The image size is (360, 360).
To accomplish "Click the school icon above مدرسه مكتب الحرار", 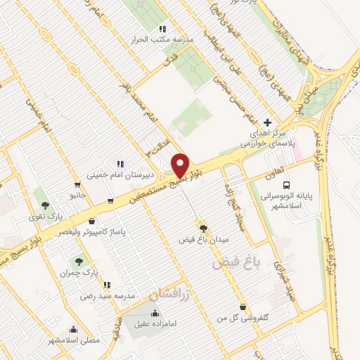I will coord(162,29).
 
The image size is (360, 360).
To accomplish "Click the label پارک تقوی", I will coord(46,217).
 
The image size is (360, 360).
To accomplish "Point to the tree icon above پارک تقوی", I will coord(46,206).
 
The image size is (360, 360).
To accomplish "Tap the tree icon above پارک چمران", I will coord(79,261).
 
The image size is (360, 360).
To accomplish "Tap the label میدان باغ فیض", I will coord(203,239).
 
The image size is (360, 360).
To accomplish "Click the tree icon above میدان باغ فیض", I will coord(204,228).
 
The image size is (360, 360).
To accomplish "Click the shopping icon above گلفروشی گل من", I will coord(243,307).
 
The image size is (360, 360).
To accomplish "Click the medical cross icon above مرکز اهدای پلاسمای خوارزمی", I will coord(266,122).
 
